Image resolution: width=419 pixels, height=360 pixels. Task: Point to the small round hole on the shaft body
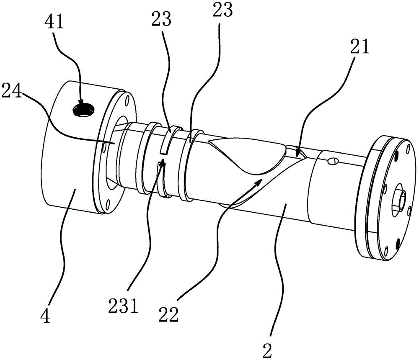pos(333,161)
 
